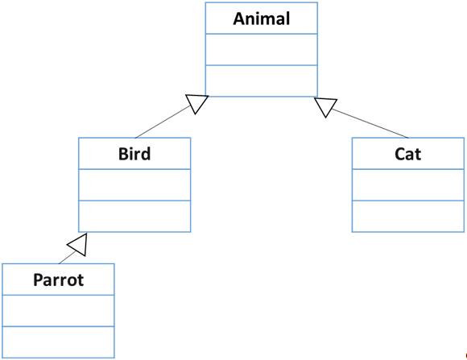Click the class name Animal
[x=262, y=19]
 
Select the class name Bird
[x=134, y=154]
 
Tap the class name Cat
[x=407, y=154]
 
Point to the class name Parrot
[x=58, y=279]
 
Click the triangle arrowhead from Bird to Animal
[x=196, y=103]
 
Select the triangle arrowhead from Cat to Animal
[x=325, y=106]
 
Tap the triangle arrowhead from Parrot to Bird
[x=78, y=245]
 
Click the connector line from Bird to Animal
[x=163, y=122]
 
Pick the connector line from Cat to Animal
[x=370, y=123]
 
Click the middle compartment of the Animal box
[x=262, y=49]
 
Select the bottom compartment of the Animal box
[x=262, y=81]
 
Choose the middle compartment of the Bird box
[x=134, y=184]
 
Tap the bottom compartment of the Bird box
[x=134, y=217]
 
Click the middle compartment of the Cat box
[x=408, y=184]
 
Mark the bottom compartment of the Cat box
[x=408, y=217]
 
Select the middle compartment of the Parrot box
[x=58, y=311]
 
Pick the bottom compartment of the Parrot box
[x=58, y=342]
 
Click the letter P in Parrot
[x=39, y=279]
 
